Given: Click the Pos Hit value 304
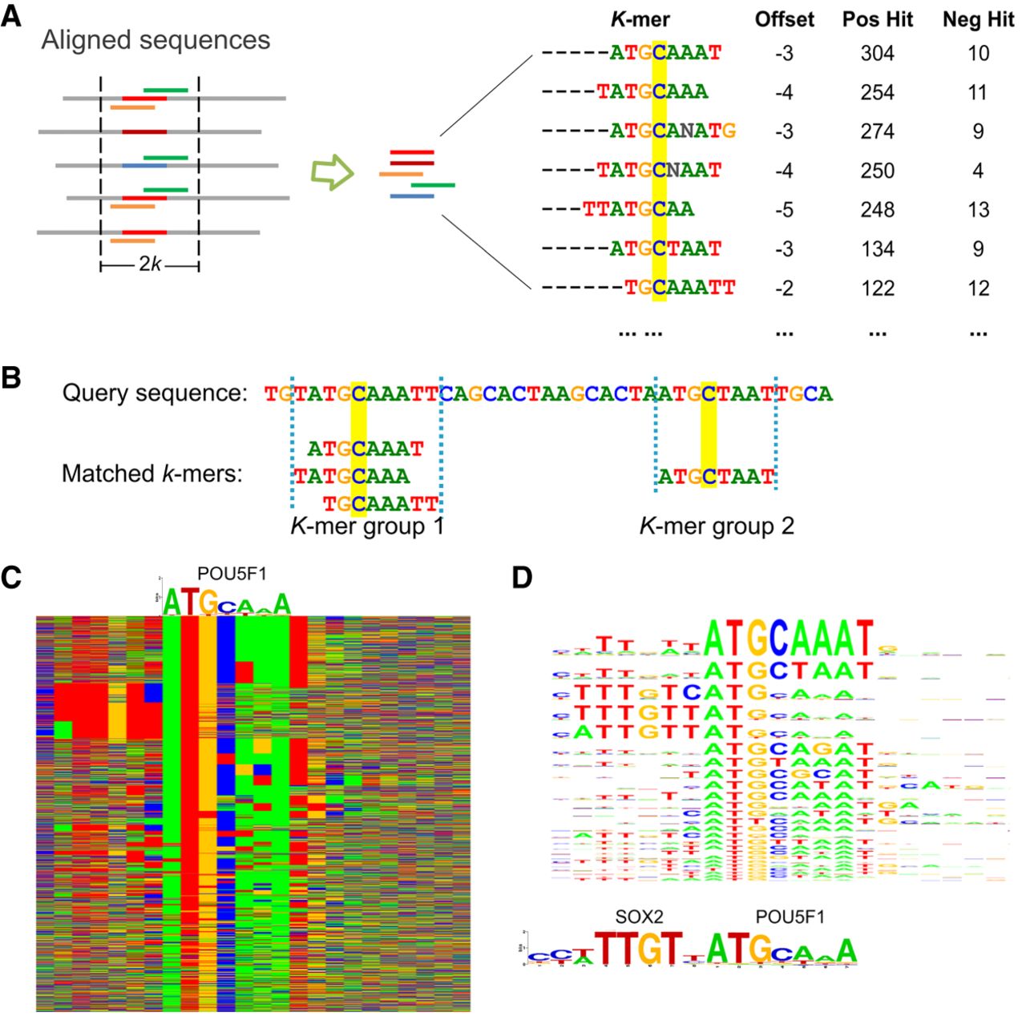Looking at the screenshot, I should [x=877, y=54].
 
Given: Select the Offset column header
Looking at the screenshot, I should [x=784, y=20].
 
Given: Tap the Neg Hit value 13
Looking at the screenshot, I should [x=978, y=210].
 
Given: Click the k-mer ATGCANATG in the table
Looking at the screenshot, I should [x=673, y=131].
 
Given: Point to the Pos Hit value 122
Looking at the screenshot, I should [x=877, y=288].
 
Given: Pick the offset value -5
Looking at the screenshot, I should [x=784, y=210].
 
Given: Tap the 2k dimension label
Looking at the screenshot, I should [x=149, y=264].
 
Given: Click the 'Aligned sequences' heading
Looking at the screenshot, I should [x=156, y=40].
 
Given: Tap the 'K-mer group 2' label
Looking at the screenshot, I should [x=717, y=526].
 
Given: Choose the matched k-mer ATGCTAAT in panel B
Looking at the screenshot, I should [x=716, y=478].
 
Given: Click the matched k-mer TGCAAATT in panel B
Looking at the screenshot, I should [x=381, y=504].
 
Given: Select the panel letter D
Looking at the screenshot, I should [x=523, y=579].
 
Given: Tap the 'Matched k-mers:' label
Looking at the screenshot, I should [x=151, y=474].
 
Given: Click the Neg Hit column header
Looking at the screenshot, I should [x=978, y=20].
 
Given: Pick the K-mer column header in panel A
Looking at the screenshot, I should [x=640, y=20].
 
